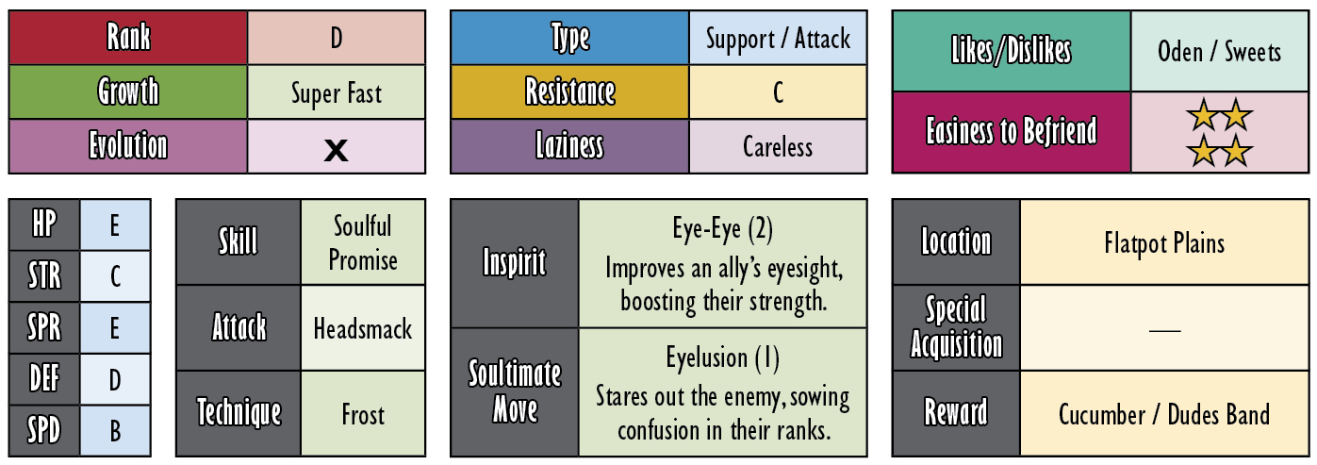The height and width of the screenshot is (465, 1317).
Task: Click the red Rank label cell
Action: point(128,37)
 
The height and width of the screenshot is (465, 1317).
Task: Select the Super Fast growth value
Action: point(337,93)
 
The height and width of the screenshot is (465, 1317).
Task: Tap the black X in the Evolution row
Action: point(337,150)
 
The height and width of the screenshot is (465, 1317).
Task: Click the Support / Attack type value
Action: point(778,39)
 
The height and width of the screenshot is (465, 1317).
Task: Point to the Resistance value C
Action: point(778,92)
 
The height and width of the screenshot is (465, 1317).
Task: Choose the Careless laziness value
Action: point(778,146)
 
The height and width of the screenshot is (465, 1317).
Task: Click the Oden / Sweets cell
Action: point(1219,51)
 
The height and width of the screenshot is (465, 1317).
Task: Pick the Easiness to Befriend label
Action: point(1012,131)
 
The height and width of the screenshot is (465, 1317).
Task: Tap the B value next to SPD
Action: point(115,431)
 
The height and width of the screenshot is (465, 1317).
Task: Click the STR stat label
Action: point(44,276)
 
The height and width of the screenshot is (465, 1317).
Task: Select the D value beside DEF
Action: point(115,380)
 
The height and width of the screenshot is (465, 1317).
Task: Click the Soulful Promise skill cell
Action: point(363,241)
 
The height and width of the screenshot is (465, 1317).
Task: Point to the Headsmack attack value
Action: point(363,328)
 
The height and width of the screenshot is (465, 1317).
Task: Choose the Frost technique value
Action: point(363,415)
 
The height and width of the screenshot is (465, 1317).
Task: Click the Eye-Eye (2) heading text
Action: point(722,229)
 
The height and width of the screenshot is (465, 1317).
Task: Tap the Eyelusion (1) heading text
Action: point(722,357)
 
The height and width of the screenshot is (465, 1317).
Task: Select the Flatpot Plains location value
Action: point(1164,243)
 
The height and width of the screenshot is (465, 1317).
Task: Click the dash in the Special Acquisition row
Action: point(1164,330)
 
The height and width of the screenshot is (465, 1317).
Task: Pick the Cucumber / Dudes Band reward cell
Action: point(1164,414)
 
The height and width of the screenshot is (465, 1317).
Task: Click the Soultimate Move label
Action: point(515,391)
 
